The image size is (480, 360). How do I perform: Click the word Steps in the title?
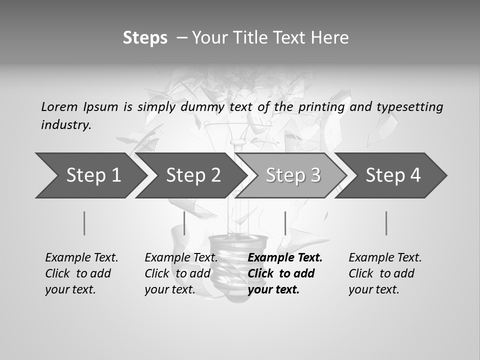pos(145,38)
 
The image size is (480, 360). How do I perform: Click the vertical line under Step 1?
pos(84,223)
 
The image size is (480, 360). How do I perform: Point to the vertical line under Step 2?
pos(184,223)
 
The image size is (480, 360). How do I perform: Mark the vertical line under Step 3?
pos(285,223)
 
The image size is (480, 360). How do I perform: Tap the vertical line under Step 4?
pos(386,223)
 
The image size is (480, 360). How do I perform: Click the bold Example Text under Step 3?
pos(285,258)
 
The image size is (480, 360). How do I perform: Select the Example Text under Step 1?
pos(81,258)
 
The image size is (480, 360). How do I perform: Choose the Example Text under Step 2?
pos(181,258)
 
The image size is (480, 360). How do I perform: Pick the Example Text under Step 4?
pos(385,258)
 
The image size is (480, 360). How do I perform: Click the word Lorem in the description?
pos(59,107)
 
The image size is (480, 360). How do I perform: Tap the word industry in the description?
pos(66,125)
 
